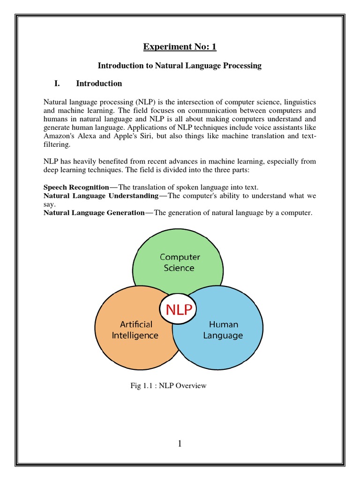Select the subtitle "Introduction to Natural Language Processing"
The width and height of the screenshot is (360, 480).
(x=180, y=66)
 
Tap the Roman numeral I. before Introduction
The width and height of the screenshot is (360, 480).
(x=58, y=83)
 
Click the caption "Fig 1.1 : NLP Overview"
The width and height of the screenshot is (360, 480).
(x=168, y=386)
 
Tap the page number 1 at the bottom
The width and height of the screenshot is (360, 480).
(x=180, y=444)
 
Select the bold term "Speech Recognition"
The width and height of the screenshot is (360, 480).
(x=76, y=187)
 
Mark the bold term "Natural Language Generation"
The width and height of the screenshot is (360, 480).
(x=94, y=213)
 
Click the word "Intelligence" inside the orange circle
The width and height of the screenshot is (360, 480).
(x=135, y=336)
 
